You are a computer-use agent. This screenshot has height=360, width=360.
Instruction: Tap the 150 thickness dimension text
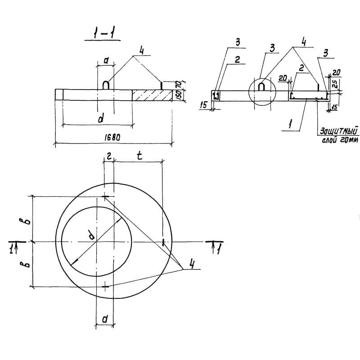[x=178, y=95]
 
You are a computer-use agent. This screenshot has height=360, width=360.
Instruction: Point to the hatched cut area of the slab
[x=152, y=94]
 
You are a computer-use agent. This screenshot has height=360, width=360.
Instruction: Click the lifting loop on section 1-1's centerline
[x=106, y=85]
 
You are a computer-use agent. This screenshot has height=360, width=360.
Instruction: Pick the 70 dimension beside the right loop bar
[x=178, y=84]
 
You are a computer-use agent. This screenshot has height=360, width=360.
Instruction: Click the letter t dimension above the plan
[x=139, y=156]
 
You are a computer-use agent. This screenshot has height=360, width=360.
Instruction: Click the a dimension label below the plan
[x=104, y=319]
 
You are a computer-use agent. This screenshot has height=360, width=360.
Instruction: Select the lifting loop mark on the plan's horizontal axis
[x=162, y=242]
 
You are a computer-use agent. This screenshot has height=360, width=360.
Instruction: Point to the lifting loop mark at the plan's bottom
[x=105, y=286]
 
